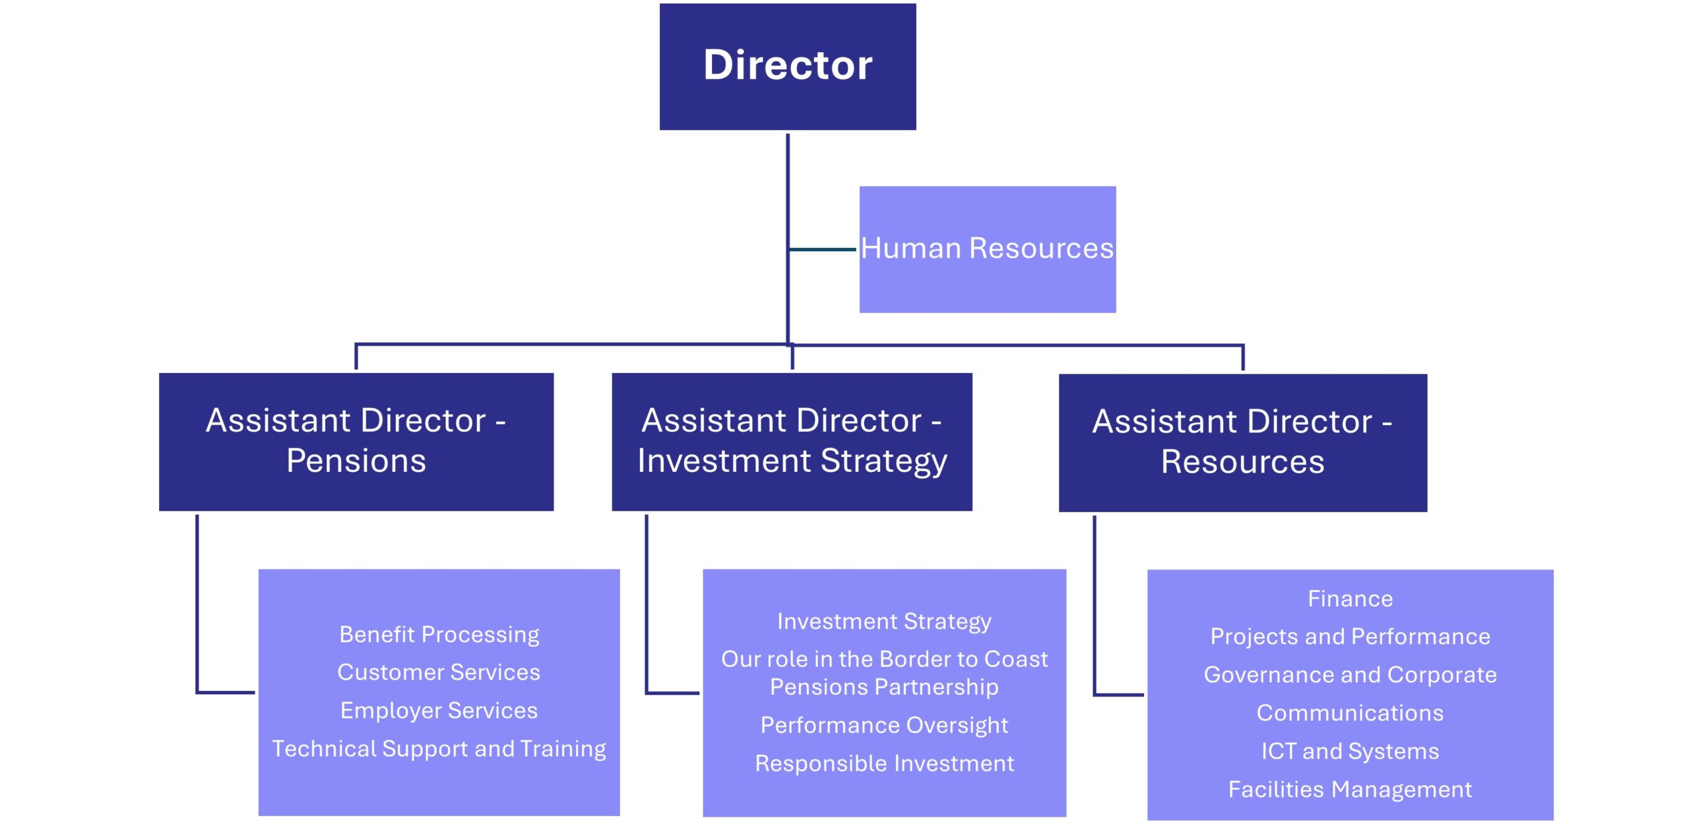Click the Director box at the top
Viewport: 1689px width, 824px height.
click(x=787, y=66)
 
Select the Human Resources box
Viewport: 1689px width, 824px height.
click(x=987, y=249)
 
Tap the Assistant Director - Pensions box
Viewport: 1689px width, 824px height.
click(x=356, y=441)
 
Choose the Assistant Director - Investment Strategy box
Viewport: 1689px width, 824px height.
click(x=792, y=441)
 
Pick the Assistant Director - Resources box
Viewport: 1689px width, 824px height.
click(x=1242, y=442)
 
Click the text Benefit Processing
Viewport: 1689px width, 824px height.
click(x=439, y=634)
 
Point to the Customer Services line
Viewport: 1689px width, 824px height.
click(x=439, y=672)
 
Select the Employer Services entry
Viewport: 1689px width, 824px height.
click(x=439, y=711)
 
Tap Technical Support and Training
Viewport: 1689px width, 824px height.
click(x=439, y=749)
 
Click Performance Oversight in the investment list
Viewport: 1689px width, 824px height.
click(x=884, y=725)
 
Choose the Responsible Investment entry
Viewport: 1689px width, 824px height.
click(x=884, y=763)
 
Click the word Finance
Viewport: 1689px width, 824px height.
click(x=1350, y=599)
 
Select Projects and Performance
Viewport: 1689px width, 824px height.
click(x=1350, y=637)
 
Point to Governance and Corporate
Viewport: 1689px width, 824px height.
click(x=1350, y=675)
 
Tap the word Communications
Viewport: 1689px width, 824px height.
click(x=1350, y=713)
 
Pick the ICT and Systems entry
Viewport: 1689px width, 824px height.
click(x=1350, y=751)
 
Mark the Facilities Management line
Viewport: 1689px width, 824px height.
click(x=1350, y=790)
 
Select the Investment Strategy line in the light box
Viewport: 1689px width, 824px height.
click(x=884, y=622)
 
